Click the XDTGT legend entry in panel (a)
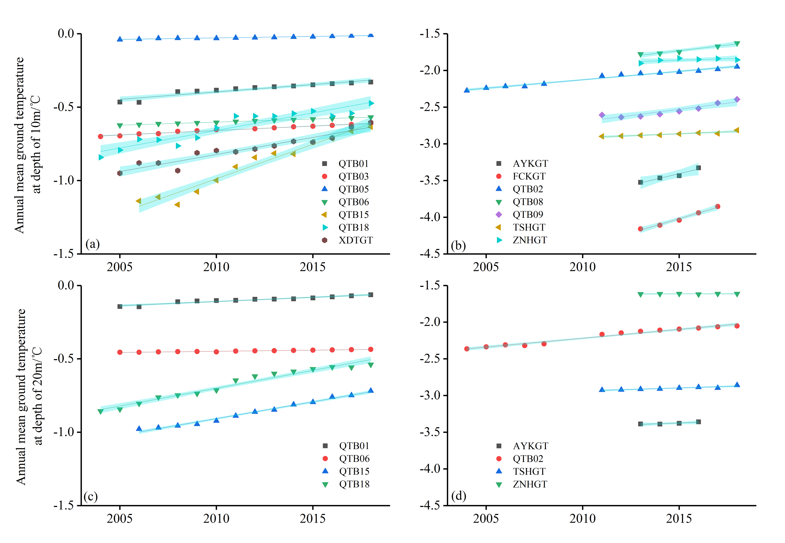click(x=355, y=240)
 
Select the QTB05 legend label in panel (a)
click(x=353, y=189)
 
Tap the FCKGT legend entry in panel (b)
click(x=529, y=176)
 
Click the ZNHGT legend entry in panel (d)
click(x=530, y=484)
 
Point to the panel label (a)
click(x=92, y=244)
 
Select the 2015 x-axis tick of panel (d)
click(x=679, y=519)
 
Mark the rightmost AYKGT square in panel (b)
click(x=698, y=168)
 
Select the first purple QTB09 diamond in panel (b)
click(x=602, y=115)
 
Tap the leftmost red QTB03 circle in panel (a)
click(x=100, y=136)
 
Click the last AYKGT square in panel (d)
click(x=698, y=422)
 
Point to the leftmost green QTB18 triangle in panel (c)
click(x=100, y=412)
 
